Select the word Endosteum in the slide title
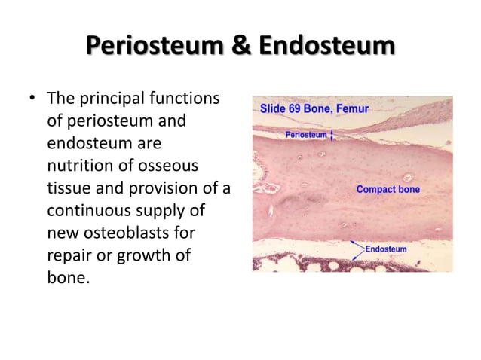326,47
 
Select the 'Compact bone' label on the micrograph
388,189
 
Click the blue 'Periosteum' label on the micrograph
306,135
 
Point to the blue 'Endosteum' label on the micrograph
386,249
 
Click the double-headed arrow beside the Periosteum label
332,135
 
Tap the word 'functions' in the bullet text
185,99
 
